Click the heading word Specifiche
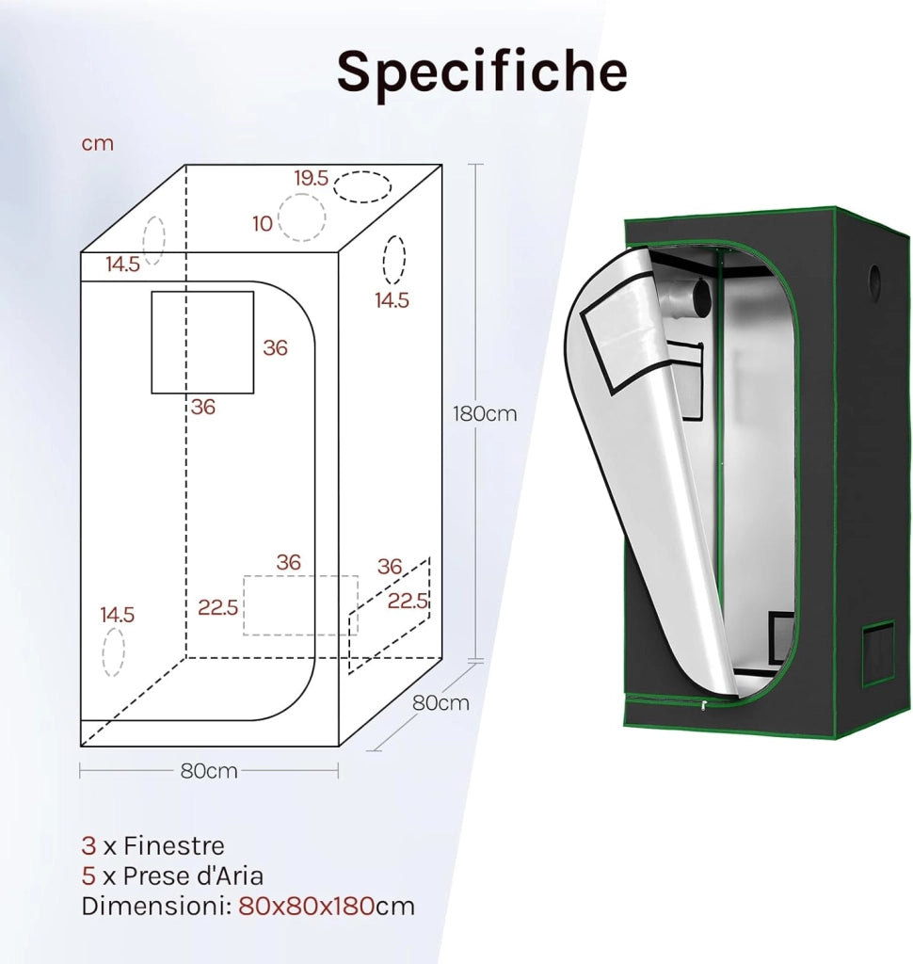(x=482, y=72)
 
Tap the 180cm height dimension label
(x=485, y=414)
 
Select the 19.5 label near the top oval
(x=312, y=178)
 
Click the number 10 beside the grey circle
(x=263, y=224)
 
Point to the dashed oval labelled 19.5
(x=362, y=187)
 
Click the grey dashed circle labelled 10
(x=301, y=217)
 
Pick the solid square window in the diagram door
(x=203, y=343)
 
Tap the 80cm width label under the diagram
(x=209, y=771)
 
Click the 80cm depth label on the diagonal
(x=440, y=702)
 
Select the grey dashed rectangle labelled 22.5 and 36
(x=300, y=605)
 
